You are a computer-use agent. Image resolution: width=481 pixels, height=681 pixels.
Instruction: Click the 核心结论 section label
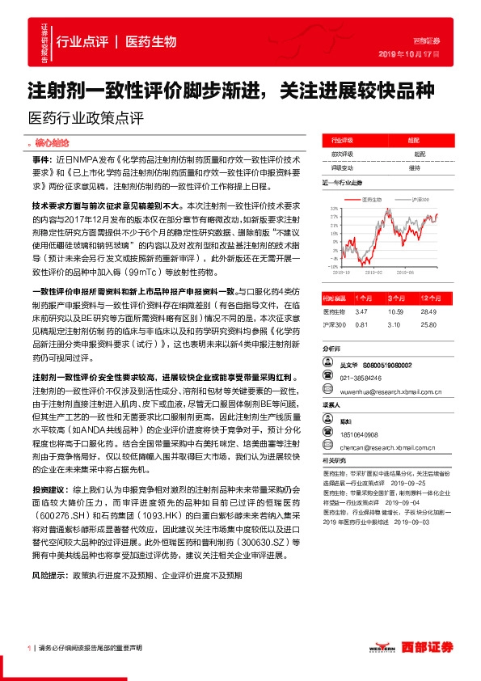53,142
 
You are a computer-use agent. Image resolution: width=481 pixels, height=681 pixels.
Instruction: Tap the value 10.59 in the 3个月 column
395,311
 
